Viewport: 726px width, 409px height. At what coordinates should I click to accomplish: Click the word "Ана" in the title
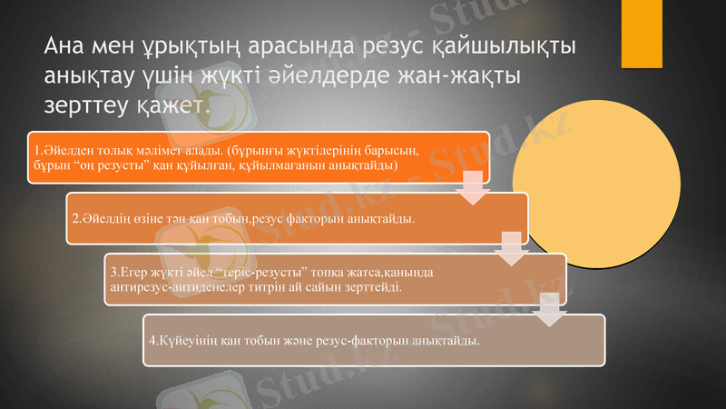coord(69,46)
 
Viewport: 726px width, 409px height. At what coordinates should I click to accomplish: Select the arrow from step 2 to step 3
coord(512,248)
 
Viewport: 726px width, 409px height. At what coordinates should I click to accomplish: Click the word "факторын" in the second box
coord(317,219)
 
